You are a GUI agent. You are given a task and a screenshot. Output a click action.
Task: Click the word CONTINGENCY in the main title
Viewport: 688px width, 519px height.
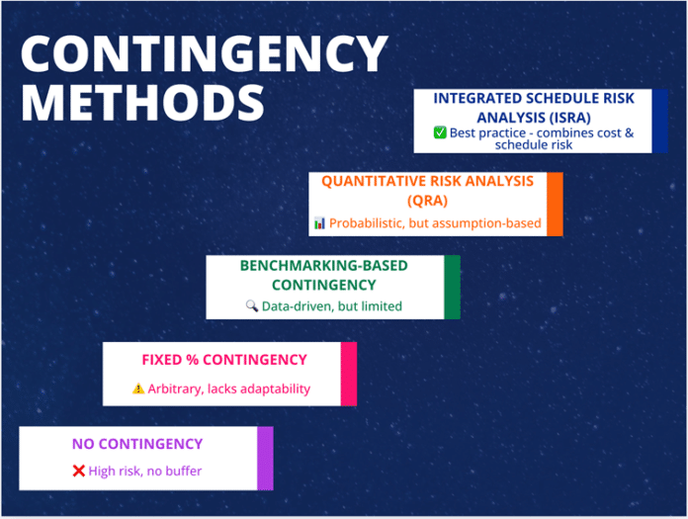pos(204,53)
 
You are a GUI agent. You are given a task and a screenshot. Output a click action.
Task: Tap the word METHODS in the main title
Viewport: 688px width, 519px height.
pos(143,103)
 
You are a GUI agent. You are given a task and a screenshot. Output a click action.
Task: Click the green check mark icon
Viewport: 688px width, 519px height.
pos(440,132)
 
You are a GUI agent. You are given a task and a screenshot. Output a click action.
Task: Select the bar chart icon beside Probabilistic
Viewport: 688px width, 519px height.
pos(319,223)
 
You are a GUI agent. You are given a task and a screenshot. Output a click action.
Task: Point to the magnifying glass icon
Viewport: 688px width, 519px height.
pos(251,306)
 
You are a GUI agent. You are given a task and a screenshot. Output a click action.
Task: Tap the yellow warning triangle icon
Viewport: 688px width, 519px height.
pos(138,389)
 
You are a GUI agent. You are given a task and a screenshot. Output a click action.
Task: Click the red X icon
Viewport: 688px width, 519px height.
pos(78,471)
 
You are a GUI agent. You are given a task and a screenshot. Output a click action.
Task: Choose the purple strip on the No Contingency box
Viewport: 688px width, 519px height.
pos(265,458)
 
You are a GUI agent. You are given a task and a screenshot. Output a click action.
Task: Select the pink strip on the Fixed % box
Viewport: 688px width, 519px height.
pos(348,374)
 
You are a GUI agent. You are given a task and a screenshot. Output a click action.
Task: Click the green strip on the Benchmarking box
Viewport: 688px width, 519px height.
pos(452,288)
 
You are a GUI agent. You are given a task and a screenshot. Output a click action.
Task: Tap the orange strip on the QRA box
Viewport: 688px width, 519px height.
pos(555,204)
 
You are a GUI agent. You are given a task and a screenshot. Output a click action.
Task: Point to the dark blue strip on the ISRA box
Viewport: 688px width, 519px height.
pos(659,121)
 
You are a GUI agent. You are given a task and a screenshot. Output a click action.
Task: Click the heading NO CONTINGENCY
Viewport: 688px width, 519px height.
pos(136,444)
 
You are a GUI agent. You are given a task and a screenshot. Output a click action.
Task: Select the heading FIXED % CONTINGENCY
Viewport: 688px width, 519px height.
pos(224,360)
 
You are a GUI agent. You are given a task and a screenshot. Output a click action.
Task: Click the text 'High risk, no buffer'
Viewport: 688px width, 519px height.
pos(144,471)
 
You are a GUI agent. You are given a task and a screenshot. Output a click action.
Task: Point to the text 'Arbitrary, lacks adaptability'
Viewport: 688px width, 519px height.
pos(228,389)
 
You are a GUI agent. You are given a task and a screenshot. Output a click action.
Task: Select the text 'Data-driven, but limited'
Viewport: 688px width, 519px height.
pos(331,306)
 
